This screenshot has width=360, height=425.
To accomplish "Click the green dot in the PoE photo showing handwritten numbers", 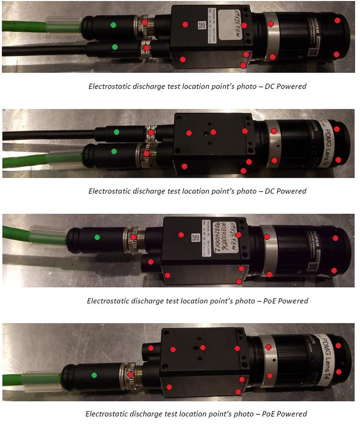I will (x=97, y=237).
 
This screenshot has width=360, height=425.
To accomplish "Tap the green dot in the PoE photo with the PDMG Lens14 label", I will (x=94, y=375).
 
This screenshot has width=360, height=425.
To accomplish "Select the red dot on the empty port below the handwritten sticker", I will (x=151, y=262).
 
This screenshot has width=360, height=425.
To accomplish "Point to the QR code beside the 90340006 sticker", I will (x=194, y=238).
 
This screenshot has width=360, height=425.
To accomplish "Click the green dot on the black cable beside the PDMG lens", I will (x=116, y=132).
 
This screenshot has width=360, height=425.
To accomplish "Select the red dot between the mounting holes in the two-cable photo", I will (x=213, y=132).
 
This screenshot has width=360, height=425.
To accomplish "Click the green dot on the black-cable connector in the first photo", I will (x=115, y=47).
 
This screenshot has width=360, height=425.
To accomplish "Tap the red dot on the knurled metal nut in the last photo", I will (x=130, y=375).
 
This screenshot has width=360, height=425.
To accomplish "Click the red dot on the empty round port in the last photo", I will (x=151, y=348).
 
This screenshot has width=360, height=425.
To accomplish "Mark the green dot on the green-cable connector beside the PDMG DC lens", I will (x=114, y=152).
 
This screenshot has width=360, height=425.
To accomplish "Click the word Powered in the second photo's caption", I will (x=291, y=191).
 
